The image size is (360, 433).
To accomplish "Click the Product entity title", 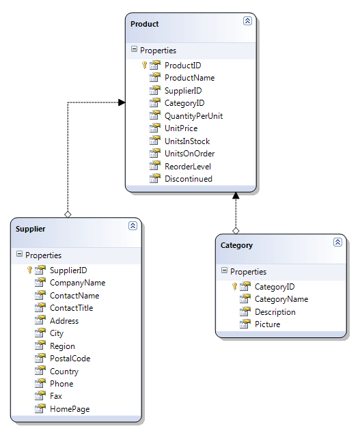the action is tap(145, 24).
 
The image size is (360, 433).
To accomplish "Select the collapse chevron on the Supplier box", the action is tap(133, 225).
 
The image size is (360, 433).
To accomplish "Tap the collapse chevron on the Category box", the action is tap(337, 242).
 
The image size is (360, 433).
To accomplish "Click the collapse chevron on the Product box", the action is tap(247, 20).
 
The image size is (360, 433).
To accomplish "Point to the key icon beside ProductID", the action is tap(144, 65).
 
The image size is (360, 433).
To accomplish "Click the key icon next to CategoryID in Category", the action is tap(234, 286).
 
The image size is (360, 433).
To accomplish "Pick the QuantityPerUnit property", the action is tap(194, 116).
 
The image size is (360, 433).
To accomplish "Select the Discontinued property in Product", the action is tap(189, 179).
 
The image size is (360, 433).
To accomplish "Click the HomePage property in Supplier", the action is tap(70, 409).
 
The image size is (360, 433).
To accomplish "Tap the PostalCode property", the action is tap(70, 359).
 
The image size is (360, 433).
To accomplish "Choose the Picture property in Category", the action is tap(268, 324).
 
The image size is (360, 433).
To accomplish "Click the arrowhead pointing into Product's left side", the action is tap(122, 102).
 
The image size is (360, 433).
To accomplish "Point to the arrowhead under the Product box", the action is tap(236, 195).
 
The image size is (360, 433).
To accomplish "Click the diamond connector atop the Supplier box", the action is tap(68, 214).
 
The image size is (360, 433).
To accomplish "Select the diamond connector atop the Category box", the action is tap(236, 231).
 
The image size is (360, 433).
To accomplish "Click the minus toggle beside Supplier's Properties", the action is tap(19, 254).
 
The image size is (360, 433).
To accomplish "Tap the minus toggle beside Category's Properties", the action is tap(224, 270).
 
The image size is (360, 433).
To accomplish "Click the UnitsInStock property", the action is tap(187, 141).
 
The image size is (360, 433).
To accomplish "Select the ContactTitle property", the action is tap(72, 308).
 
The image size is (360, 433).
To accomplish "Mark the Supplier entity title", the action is tap(30, 229).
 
